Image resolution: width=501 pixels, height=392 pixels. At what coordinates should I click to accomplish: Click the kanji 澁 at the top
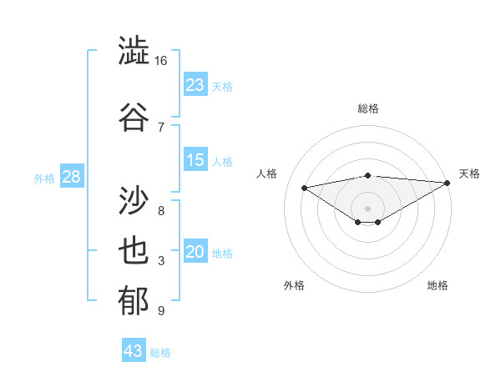tap(134, 51)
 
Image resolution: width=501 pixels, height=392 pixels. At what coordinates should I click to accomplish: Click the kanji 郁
tap(134, 301)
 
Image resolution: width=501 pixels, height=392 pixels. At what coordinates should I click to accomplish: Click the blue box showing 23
tap(195, 84)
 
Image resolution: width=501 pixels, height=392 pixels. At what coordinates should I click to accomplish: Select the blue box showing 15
tap(195, 160)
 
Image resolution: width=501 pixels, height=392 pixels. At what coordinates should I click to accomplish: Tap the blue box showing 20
tap(195, 253)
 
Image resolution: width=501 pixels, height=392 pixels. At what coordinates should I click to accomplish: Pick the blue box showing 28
tap(71, 178)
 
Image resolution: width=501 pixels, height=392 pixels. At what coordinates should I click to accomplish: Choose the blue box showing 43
tap(134, 351)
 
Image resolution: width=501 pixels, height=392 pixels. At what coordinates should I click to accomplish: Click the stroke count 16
tap(160, 60)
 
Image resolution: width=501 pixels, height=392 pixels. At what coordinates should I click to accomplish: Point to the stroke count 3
tap(160, 261)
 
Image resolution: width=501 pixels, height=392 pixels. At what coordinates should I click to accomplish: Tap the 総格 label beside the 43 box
tap(161, 353)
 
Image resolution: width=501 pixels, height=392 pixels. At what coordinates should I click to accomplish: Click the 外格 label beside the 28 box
tap(44, 178)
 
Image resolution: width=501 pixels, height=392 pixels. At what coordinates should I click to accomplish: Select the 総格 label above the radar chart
tap(367, 108)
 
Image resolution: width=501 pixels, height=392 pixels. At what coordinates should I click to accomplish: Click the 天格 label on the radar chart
tap(469, 173)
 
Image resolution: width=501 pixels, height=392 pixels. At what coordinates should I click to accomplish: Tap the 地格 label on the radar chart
tap(438, 285)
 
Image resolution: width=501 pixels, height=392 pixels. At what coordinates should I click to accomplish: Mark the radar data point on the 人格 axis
tap(304, 187)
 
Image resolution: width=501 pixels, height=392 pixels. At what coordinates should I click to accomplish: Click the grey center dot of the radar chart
tap(367, 208)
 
